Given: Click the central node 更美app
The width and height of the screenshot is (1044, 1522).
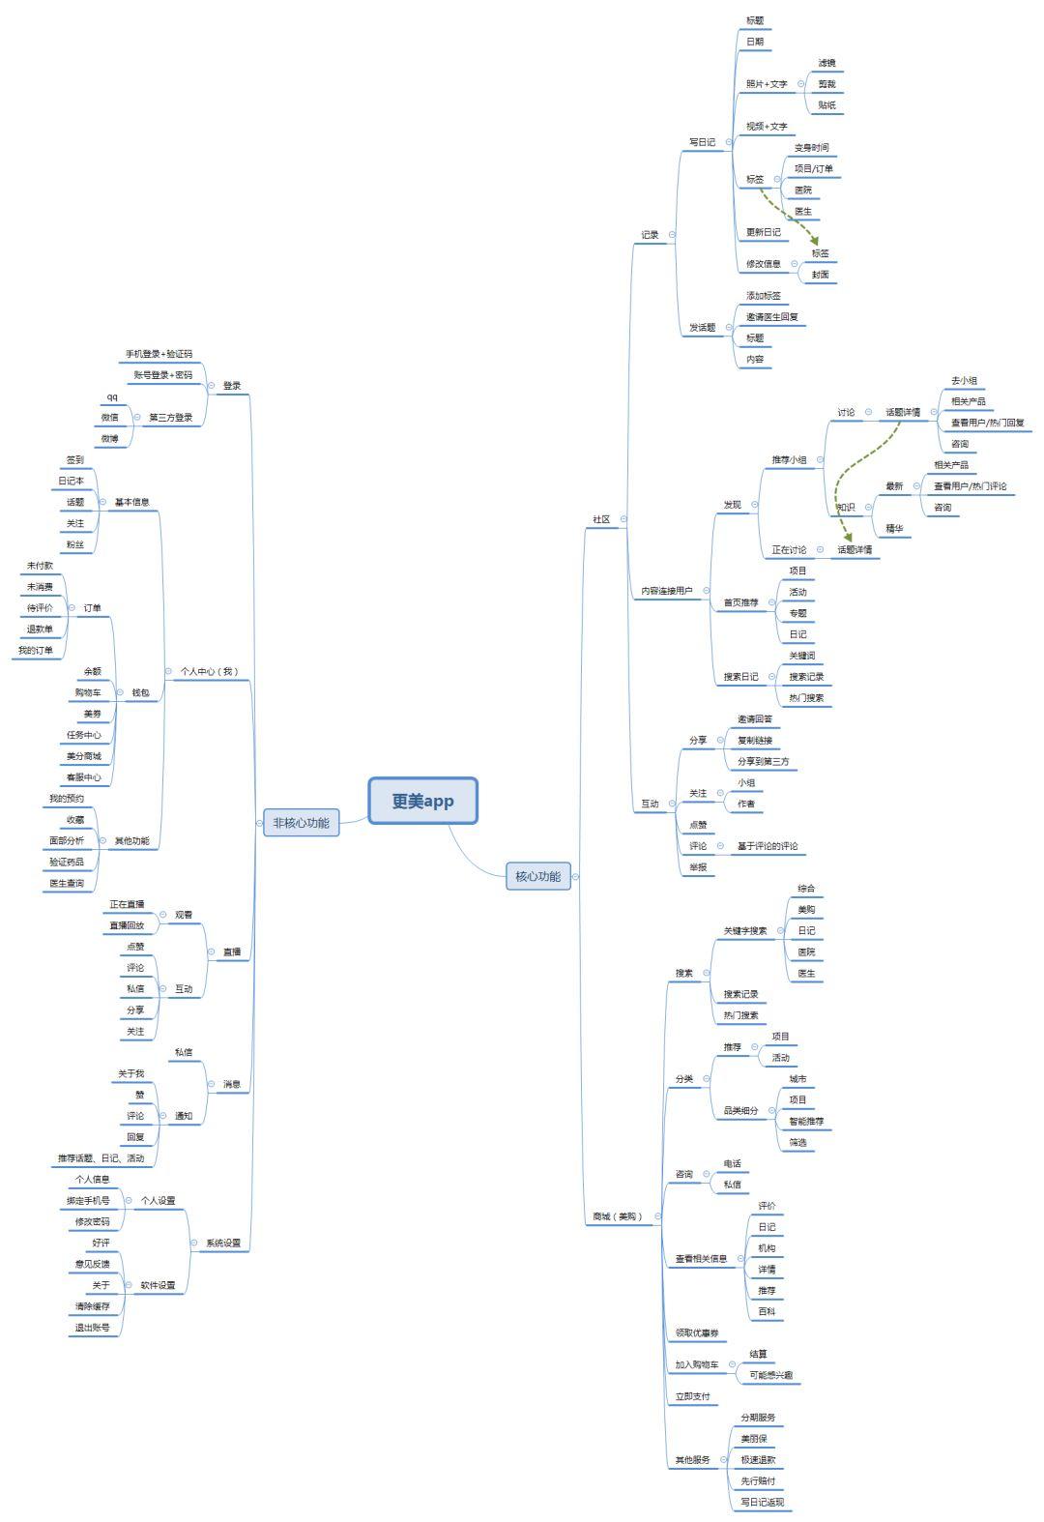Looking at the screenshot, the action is coord(422,801).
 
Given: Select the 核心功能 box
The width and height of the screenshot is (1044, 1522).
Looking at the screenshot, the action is coord(537,876).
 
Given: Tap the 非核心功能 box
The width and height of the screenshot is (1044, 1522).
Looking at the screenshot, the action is coord(301,823).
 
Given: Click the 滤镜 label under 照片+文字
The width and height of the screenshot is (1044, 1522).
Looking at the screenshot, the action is coord(826,63).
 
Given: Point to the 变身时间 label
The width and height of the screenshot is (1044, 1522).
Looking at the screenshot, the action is coord(811,148).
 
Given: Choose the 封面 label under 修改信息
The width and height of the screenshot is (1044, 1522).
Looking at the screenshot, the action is coord(820,275).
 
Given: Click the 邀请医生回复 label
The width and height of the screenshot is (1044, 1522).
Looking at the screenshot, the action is coord(771,317).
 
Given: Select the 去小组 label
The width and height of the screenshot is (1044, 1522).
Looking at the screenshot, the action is coord(964,381).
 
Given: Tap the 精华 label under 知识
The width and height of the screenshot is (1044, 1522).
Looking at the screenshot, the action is coord(894,529).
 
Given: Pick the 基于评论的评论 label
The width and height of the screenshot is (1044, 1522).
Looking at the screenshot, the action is coord(768,846).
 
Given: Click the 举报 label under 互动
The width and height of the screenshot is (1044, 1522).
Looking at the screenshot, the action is coord(698,867).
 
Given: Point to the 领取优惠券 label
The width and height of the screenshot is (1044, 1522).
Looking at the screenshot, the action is coord(697,1333).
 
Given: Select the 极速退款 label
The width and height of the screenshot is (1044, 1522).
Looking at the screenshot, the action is coord(758,1460).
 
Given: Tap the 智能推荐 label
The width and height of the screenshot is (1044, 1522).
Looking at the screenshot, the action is coord(806,1122).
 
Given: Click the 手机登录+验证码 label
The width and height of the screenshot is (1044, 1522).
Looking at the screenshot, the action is coord(159,354).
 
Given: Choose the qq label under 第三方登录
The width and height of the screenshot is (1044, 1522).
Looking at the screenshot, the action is coord(112,396).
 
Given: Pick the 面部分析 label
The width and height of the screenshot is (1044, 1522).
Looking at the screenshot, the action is coord(67,841).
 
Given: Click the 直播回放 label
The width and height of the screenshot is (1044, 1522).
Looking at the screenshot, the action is coord(127,925).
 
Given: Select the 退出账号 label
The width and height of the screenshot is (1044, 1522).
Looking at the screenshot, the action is coord(93,1328).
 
